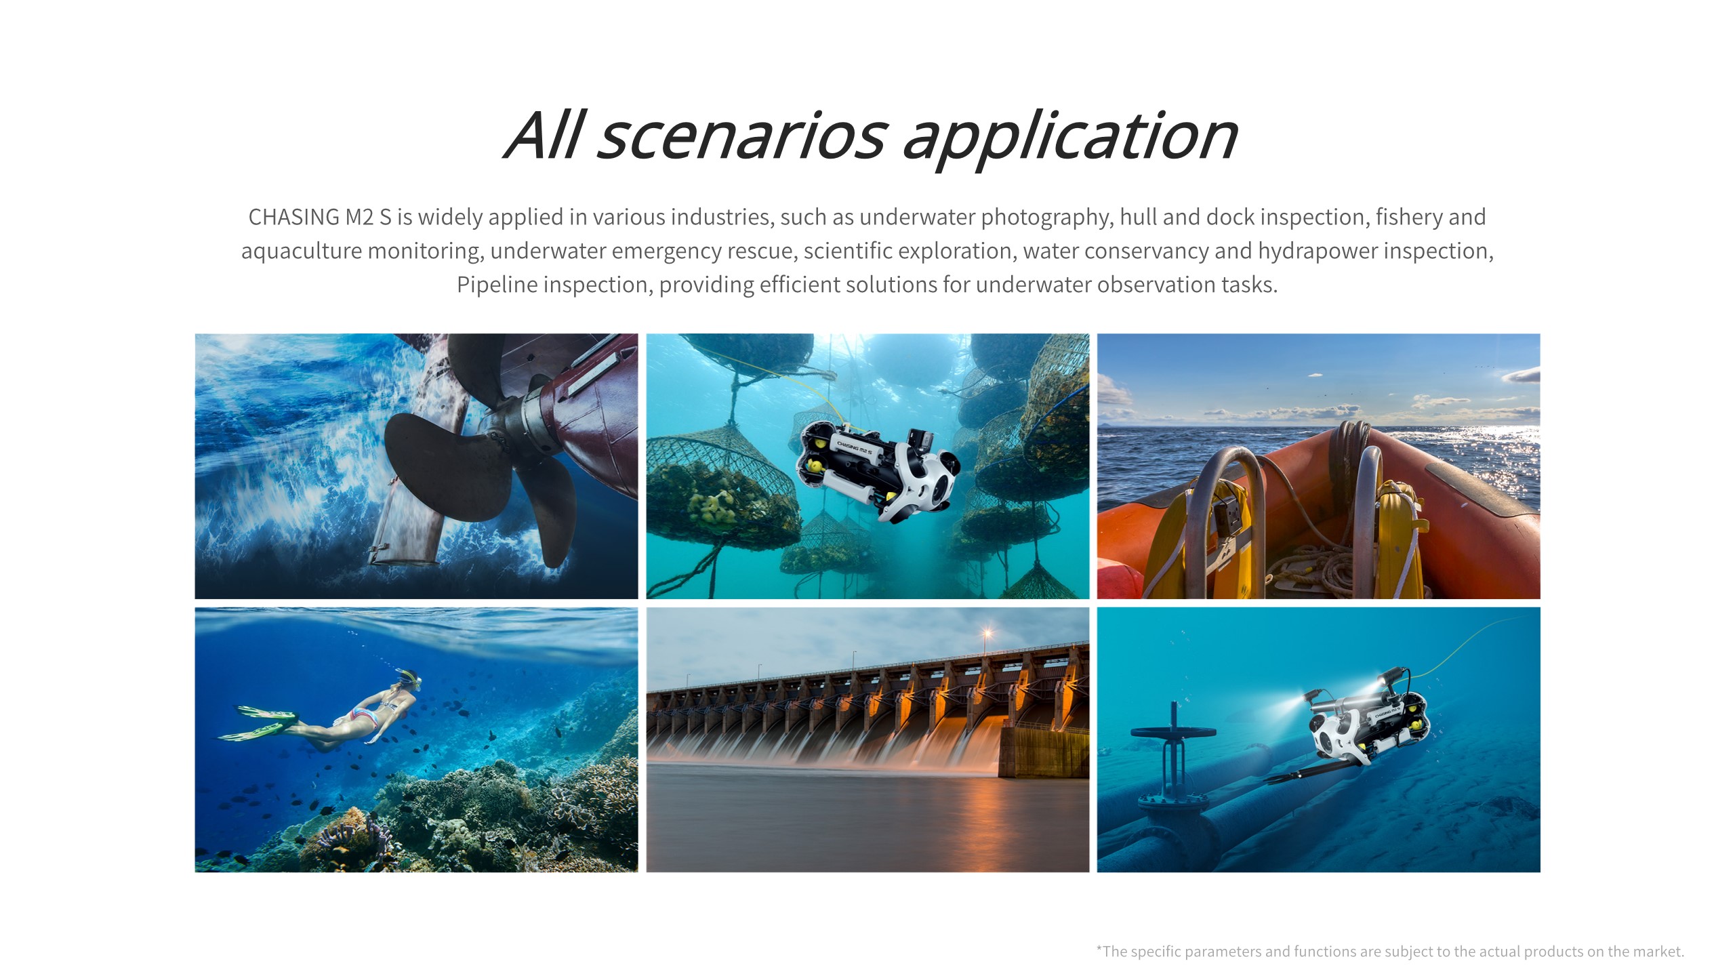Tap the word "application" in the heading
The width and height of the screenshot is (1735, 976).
pyautogui.click(x=1071, y=140)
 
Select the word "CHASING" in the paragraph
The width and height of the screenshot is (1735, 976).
pyautogui.click(x=294, y=217)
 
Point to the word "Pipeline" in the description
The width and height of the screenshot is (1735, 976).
pyautogui.click(x=497, y=285)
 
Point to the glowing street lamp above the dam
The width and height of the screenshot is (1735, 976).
pyautogui.click(x=987, y=634)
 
